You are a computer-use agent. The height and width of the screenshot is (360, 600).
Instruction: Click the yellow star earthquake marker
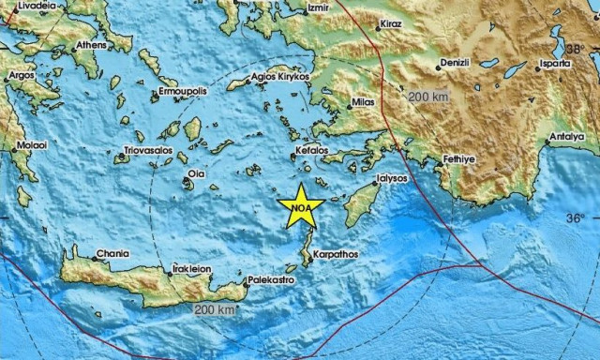coord(301,205)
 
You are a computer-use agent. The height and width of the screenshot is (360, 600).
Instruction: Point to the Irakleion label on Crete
coord(190,268)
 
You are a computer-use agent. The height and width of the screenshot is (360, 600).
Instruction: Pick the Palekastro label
coord(270,280)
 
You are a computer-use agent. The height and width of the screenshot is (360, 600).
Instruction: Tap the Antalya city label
coord(566,137)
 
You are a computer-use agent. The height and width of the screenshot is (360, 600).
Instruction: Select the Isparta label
coord(554,64)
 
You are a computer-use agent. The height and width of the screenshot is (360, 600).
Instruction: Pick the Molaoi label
coord(29,145)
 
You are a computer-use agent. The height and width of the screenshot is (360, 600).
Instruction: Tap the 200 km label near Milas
coord(428,97)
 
